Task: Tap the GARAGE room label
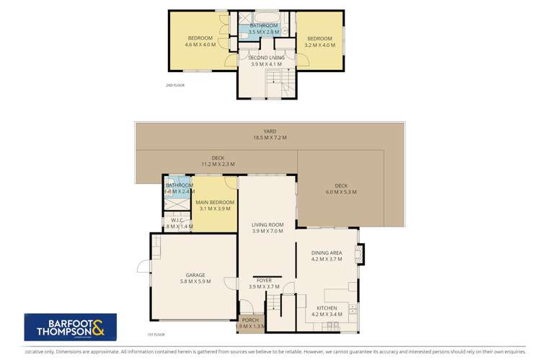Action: (x=195, y=275)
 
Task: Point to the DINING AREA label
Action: (x=326, y=253)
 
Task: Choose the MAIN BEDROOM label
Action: (x=215, y=202)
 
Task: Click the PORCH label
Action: (x=251, y=320)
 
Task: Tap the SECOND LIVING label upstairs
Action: (x=267, y=57)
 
